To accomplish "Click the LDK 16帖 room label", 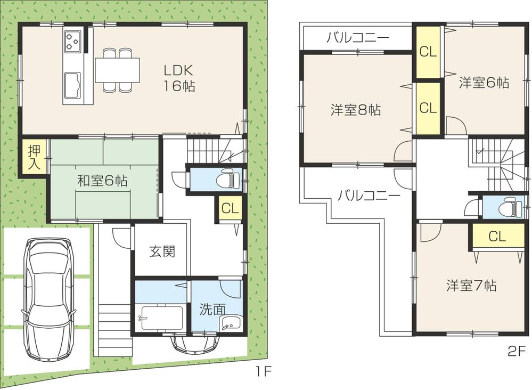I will click(178, 78).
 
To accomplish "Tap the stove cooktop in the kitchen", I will click(72, 40).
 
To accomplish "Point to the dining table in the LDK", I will click(117, 70).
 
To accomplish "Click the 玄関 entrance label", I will click(161, 251).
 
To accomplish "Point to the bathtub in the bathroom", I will click(159, 319).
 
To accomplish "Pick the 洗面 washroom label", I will click(212, 309).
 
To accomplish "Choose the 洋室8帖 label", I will click(355, 110).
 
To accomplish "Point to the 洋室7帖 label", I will click(471, 286).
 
